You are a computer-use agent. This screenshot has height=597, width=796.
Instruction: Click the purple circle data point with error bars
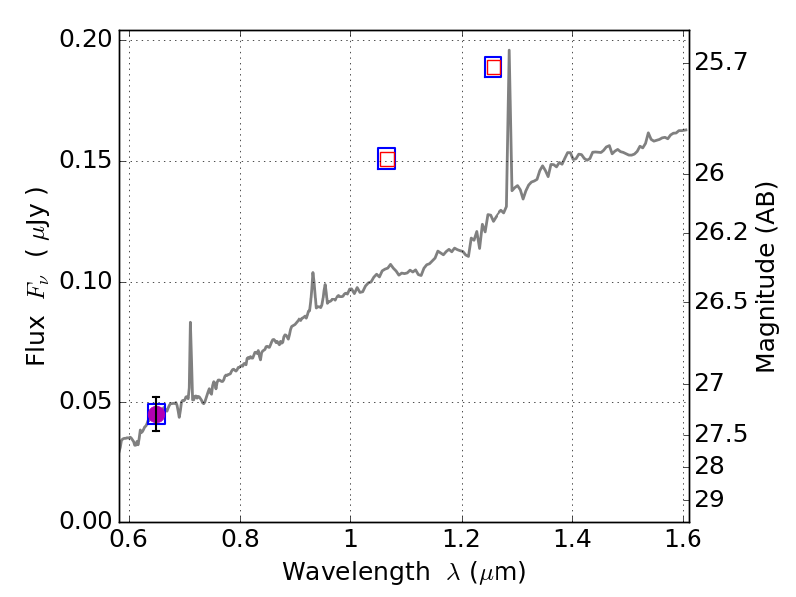(156, 414)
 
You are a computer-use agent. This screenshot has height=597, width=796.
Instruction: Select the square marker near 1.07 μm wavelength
(387, 159)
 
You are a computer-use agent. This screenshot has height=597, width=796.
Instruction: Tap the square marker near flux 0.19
(493, 67)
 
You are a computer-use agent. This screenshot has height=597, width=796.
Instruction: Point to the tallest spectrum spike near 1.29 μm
(509, 52)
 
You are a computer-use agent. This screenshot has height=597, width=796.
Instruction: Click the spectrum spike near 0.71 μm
(190, 324)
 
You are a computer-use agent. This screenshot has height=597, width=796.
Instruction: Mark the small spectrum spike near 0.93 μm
(313, 274)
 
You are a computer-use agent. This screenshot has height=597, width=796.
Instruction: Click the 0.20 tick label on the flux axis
(88, 41)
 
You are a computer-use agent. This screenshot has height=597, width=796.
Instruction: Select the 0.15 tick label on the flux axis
(88, 161)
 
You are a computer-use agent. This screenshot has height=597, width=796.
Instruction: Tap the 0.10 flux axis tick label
(88, 282)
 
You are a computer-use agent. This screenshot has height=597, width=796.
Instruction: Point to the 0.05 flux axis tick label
(88, 402)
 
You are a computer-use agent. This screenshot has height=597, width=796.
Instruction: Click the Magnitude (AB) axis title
(765, 277)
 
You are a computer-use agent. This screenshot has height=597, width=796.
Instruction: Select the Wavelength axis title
(403, 573)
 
